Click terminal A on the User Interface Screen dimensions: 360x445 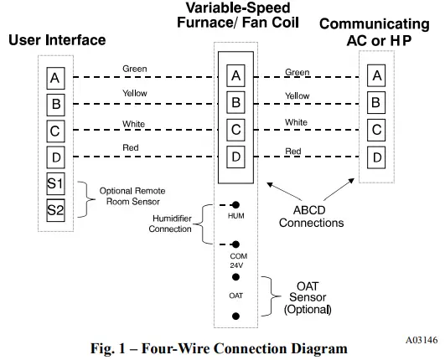click(55, 78)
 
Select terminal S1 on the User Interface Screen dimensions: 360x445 click(55, 183)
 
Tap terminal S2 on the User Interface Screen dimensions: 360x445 click(55, 209)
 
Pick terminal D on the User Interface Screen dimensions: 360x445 click(55, 157)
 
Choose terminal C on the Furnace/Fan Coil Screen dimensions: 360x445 click(236, 130)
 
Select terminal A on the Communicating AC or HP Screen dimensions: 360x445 click(377, 77)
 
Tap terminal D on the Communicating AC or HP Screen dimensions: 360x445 click(377, 157)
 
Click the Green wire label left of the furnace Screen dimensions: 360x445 click(135, 69)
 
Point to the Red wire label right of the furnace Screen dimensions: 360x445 click(292, 151)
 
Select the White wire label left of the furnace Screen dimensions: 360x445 click(134, 123)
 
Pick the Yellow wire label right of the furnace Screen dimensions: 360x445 click(297, 96)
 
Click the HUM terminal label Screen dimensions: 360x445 click(235, 215)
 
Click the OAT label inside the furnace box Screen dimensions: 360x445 click(235, 295)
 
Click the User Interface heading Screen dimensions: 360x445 click(57, 39)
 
